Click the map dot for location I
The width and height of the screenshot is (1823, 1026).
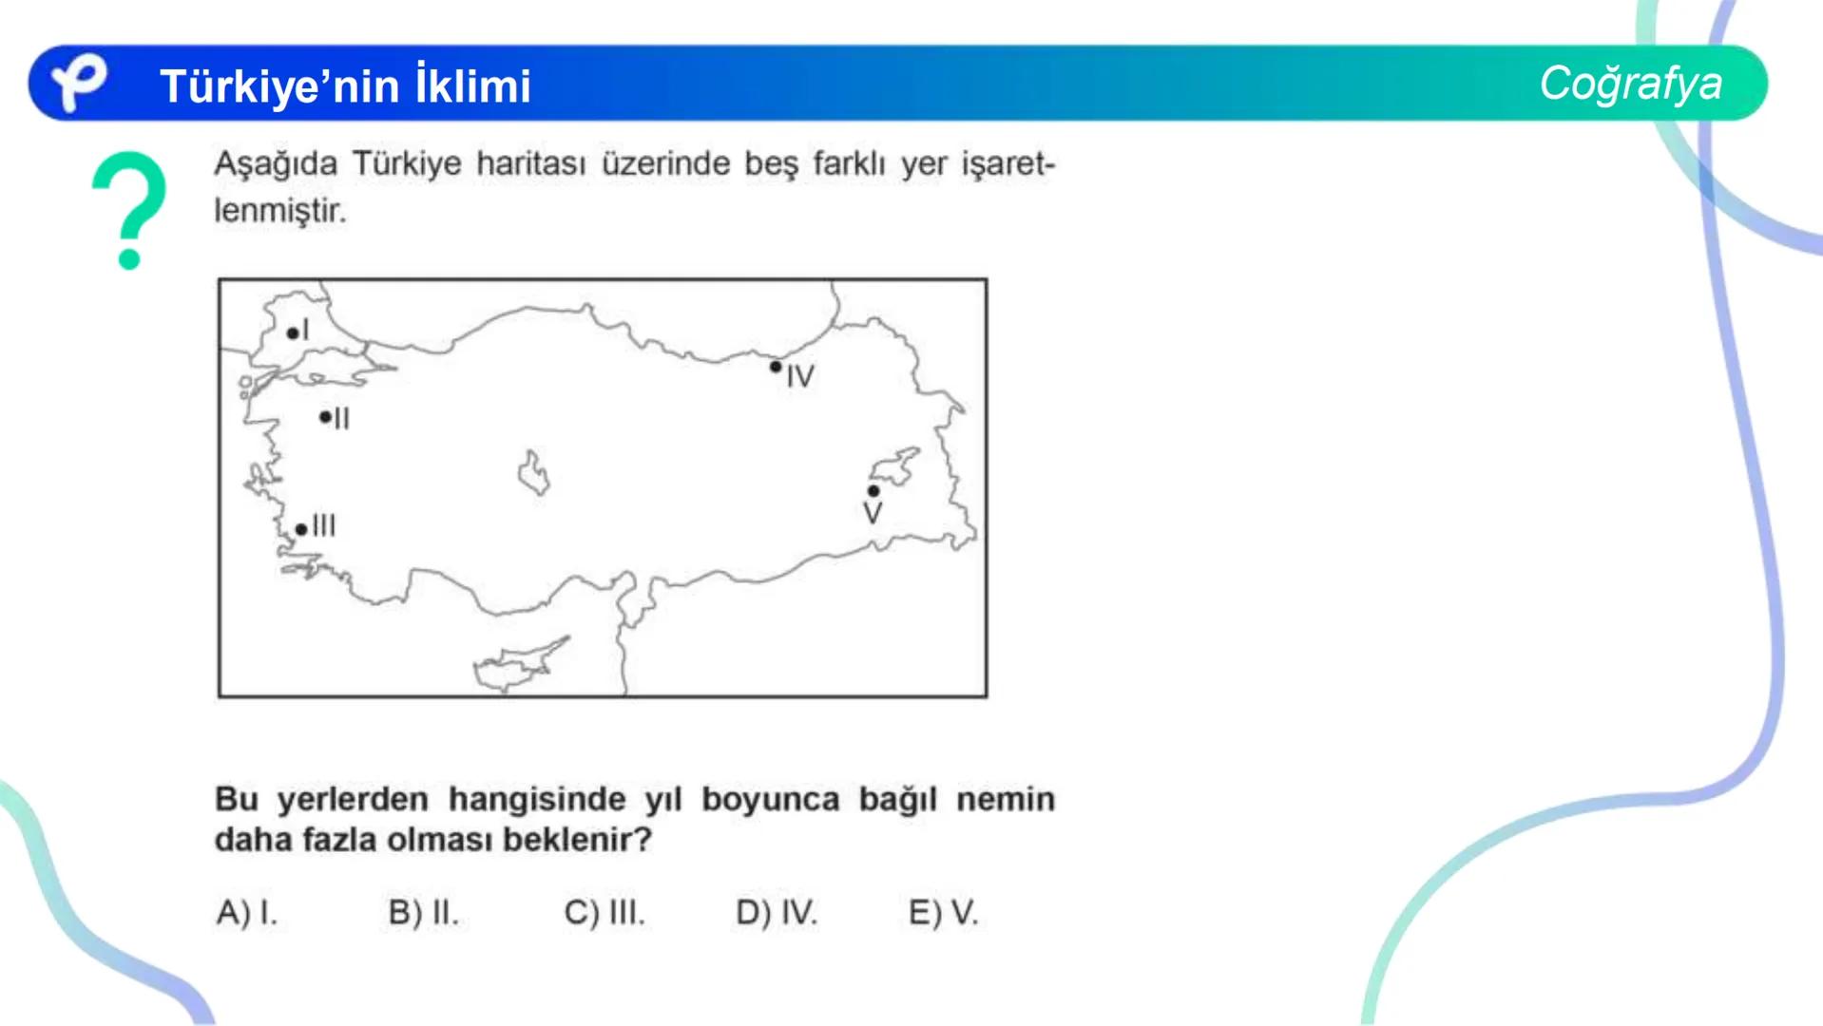292,333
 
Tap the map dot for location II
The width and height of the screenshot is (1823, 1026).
325,417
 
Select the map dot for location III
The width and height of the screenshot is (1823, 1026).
301,529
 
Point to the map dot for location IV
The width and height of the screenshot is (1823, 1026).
776,367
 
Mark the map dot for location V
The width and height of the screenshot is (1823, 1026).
873,491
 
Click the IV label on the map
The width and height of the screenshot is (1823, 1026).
800,377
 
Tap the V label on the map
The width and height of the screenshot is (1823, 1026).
873,514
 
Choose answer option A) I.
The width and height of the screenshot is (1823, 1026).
247,913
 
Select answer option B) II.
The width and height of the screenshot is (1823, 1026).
423,913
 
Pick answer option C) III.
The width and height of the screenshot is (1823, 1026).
604,913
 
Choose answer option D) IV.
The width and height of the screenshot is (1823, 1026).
777,913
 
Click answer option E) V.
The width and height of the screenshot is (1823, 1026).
943,913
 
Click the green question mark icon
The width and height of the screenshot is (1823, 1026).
130,210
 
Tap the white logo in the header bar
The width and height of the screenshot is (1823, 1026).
78,83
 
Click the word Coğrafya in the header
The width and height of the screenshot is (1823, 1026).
1630,84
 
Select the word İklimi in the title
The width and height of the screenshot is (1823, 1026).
472,86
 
